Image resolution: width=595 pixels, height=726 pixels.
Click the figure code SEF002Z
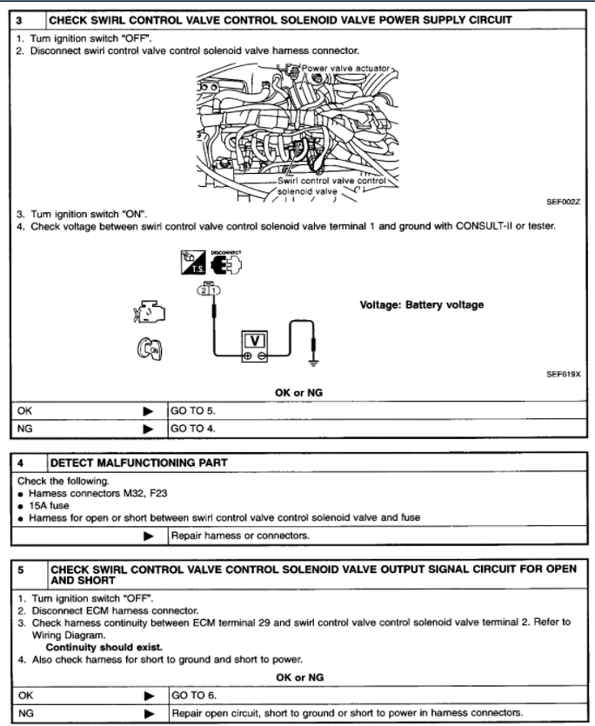(x=563, y=201)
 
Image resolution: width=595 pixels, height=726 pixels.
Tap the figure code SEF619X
(x=563, y=373)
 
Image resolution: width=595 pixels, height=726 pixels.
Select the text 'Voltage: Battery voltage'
(x=422, y=305)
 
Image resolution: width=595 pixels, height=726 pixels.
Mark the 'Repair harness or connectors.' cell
(x=243, y=535)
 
